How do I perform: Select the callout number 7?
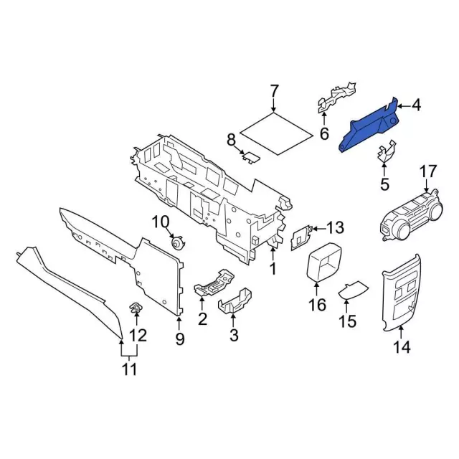coord(274,91)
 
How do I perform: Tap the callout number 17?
coord(427,172)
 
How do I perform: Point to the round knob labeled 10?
coord(175,242)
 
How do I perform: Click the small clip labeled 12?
coord(134,309)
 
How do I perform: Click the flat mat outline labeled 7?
coord(275,133)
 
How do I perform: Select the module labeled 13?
coord(301,237)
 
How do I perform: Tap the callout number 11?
coord(129,370)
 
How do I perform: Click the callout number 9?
coord(179,338)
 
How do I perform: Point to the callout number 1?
coord(273,270)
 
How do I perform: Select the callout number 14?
coord(402,348)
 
